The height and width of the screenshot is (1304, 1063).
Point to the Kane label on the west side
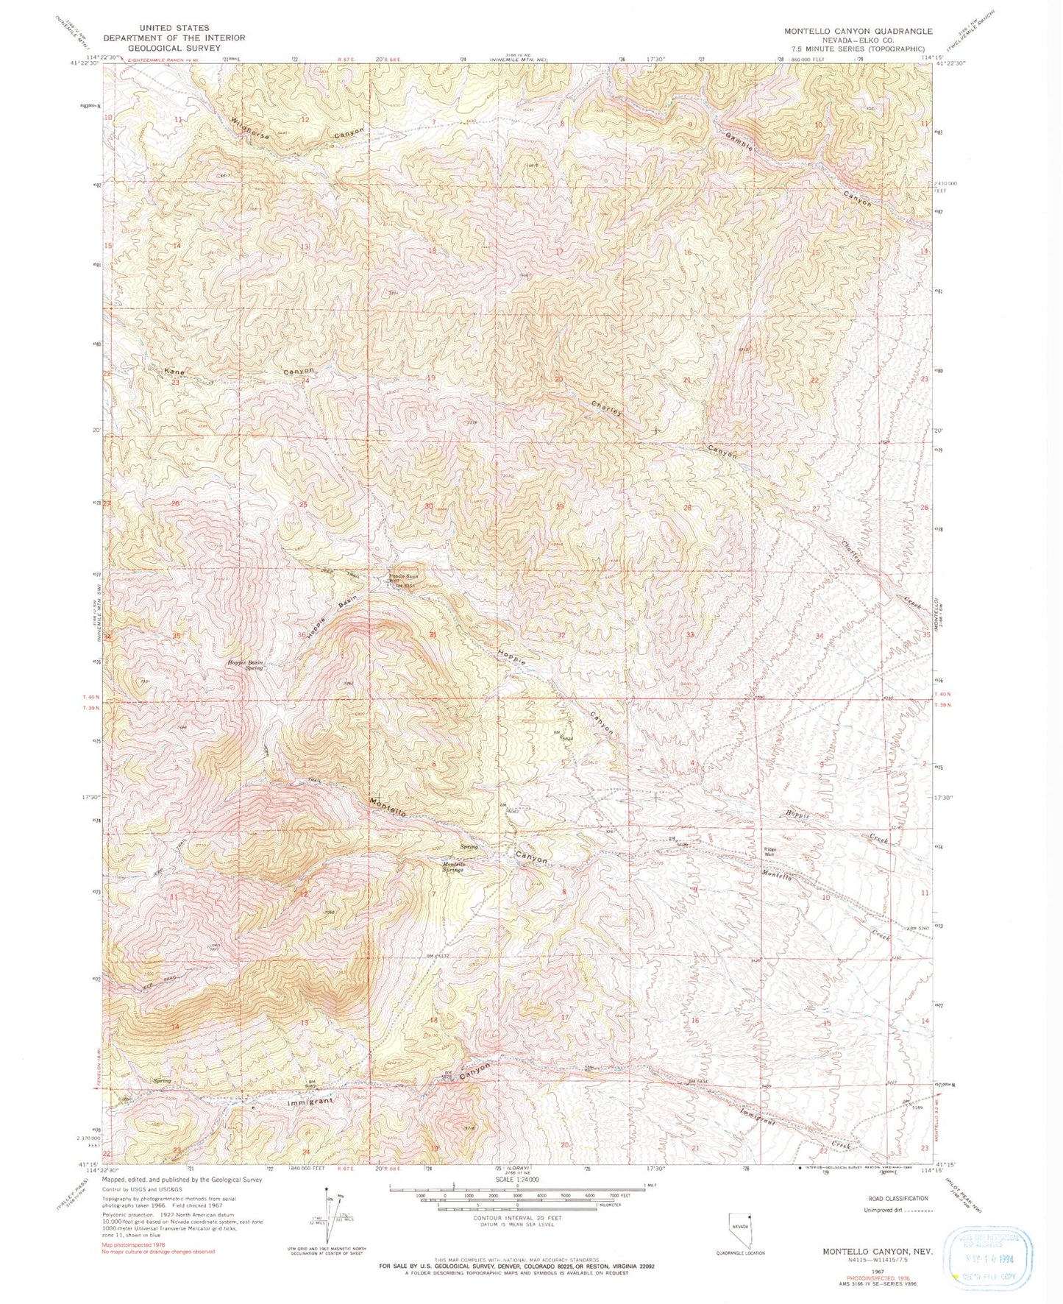174,372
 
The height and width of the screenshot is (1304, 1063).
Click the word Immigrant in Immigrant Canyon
310,1103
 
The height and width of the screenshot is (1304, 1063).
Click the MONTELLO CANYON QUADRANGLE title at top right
858,31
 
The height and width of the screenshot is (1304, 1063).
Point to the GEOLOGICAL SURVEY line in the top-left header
174,48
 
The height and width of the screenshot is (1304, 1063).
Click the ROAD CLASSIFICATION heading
897,1198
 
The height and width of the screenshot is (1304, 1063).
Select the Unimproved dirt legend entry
891,1210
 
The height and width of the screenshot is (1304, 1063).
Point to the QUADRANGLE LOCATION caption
741,1252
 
